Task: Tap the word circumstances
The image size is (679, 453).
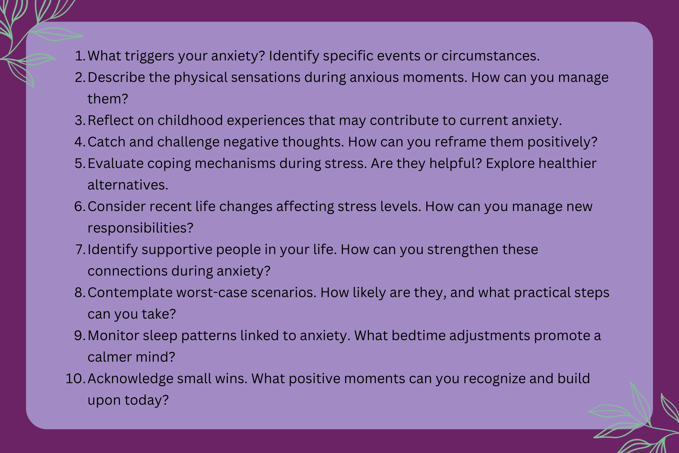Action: click(490, 56)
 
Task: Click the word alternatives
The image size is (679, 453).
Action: click(128, 185)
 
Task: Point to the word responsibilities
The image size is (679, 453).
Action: click(140, 228)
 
